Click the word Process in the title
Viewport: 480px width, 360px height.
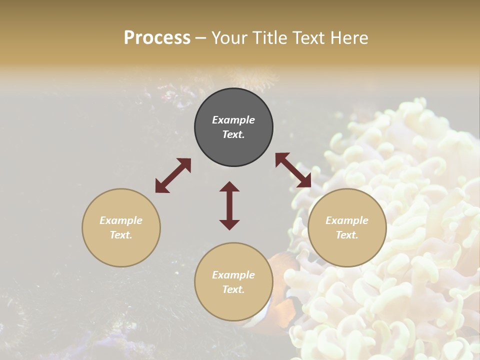(157, 38)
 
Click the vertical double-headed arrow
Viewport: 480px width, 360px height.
(229, 205)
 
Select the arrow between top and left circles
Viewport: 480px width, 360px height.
(173, 175)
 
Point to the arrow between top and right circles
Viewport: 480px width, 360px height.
(293, 170)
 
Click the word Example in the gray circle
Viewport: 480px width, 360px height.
(233, 120)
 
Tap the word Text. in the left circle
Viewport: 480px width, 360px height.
(121, 235)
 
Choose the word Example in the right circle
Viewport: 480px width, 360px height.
(347, 220)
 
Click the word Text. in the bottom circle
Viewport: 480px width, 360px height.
(233, 289)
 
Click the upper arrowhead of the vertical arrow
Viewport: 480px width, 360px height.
(229, 187)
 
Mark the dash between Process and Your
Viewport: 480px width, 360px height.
(200, 38)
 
